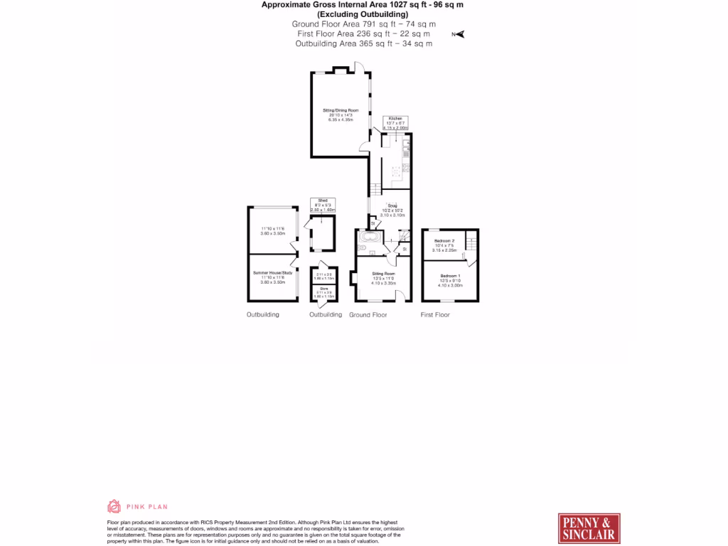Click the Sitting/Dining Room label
(x=341, y=110)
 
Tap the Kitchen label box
(x=395, y=118)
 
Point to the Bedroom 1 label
(x=450, y=275)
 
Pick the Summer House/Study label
(x=272, y=273)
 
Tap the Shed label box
(x=322, y=201)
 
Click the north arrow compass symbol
(x=459, y=33)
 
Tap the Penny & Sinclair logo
(x=589, y=528)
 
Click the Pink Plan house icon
(x=114, y=506)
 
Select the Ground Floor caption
(x=368, y=314)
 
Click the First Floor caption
(x=435, y=314)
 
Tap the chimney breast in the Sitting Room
(x=353, y=278)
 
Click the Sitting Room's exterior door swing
(x=402, y=294)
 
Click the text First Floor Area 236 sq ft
(x=362, y=33)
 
